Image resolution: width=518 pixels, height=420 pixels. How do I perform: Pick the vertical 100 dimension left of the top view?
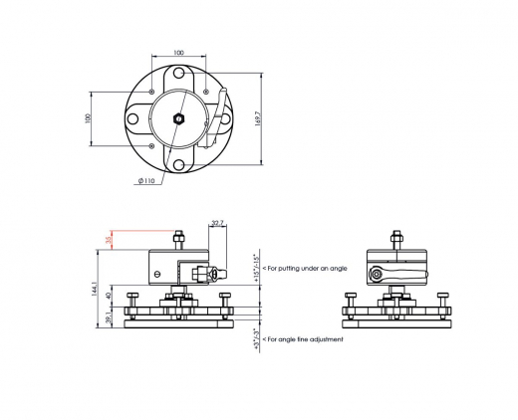point(88,117)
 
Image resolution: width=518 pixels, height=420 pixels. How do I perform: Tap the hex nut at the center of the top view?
point(177,118)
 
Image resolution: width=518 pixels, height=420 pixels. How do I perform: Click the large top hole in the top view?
point(177,74)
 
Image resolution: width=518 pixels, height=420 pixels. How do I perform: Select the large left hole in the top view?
point(132,118)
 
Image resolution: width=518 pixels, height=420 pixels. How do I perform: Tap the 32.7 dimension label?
point(217,223)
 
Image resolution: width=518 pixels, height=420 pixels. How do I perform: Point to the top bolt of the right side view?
point(396,237)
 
